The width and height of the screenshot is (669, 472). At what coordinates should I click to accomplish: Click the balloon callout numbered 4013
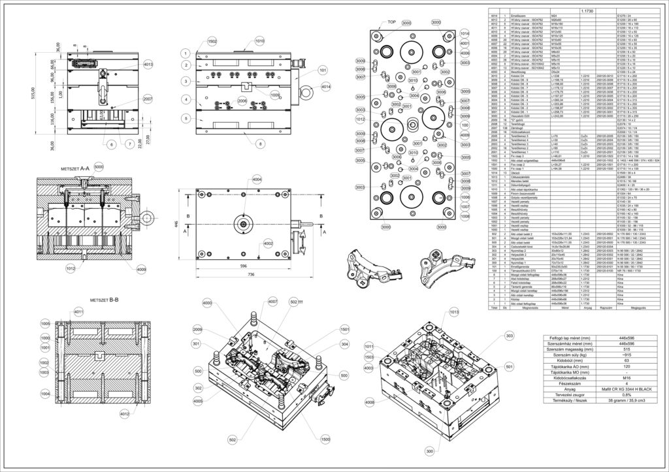coord(148,64)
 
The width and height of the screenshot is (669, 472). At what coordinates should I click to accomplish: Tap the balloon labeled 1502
coord(212,41)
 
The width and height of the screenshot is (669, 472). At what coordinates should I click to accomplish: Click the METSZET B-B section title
coord(104,300)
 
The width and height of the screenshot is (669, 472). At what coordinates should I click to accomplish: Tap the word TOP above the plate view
coord(392,22)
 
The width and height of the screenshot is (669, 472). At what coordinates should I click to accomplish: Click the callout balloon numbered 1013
coord(453,312)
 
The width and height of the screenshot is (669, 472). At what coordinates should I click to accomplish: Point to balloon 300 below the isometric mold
coord(429,451)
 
